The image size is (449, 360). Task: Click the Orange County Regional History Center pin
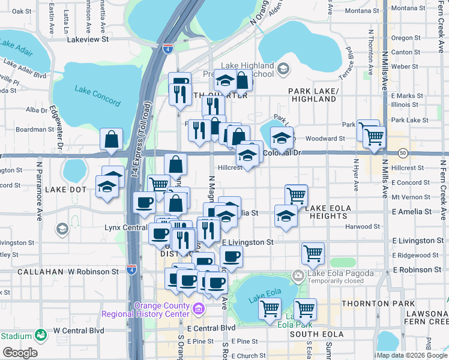click(x=199, y=310)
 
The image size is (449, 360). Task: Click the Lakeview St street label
click(x=88, y=39)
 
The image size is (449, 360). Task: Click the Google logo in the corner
click(x=20, y=353)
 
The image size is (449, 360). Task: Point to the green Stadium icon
click(x=41, y=335)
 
